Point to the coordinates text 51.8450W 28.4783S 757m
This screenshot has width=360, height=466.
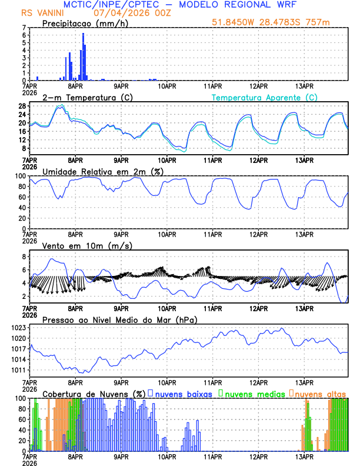(x=278, y=22)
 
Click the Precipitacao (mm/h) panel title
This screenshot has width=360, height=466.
(x=85, y=23)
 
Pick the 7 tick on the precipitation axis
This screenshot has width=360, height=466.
(x=24, y=28)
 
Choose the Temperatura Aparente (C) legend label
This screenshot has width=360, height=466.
(x=265, y=97)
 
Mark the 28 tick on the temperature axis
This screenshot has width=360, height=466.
(x=22, y=106)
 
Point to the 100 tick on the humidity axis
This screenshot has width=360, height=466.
(x=20, y=176)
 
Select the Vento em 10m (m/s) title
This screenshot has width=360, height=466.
(x=87, y=245)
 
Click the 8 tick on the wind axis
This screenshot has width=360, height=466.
(x=24, y=257)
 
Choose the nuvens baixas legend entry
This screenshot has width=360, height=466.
(x=182, y=394)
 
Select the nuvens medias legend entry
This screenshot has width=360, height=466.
(x=254, y=394)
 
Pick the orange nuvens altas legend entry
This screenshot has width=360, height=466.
(x=319, y=394)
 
